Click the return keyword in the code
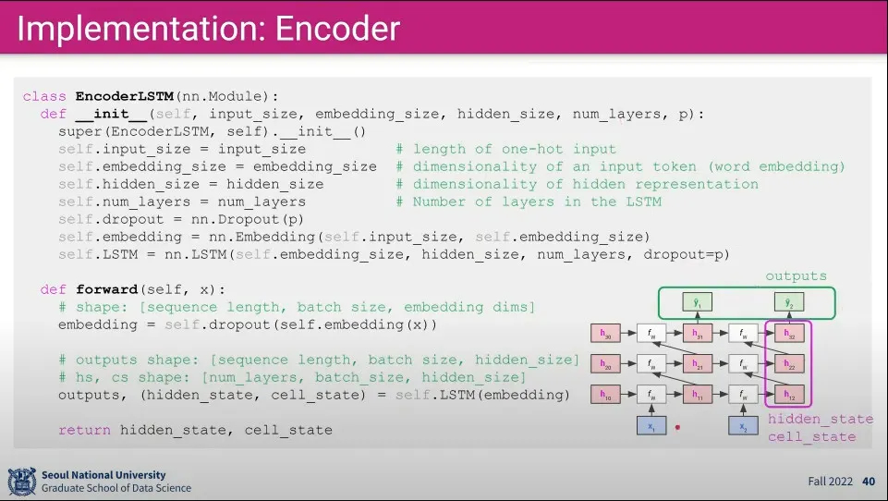pos(84,430)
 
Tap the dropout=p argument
pos(686,254)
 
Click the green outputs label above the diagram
pos(796,275)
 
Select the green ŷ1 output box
pos(698,302)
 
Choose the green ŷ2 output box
pos(788,302)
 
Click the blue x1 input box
pos(652,426)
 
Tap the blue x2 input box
pos(743,426)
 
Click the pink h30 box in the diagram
pos(606,334)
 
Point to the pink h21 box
pos(698,365)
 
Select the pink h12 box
pos(788,396)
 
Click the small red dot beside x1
pos(678,428)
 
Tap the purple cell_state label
pos(811,436)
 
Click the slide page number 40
pos(869,482)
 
